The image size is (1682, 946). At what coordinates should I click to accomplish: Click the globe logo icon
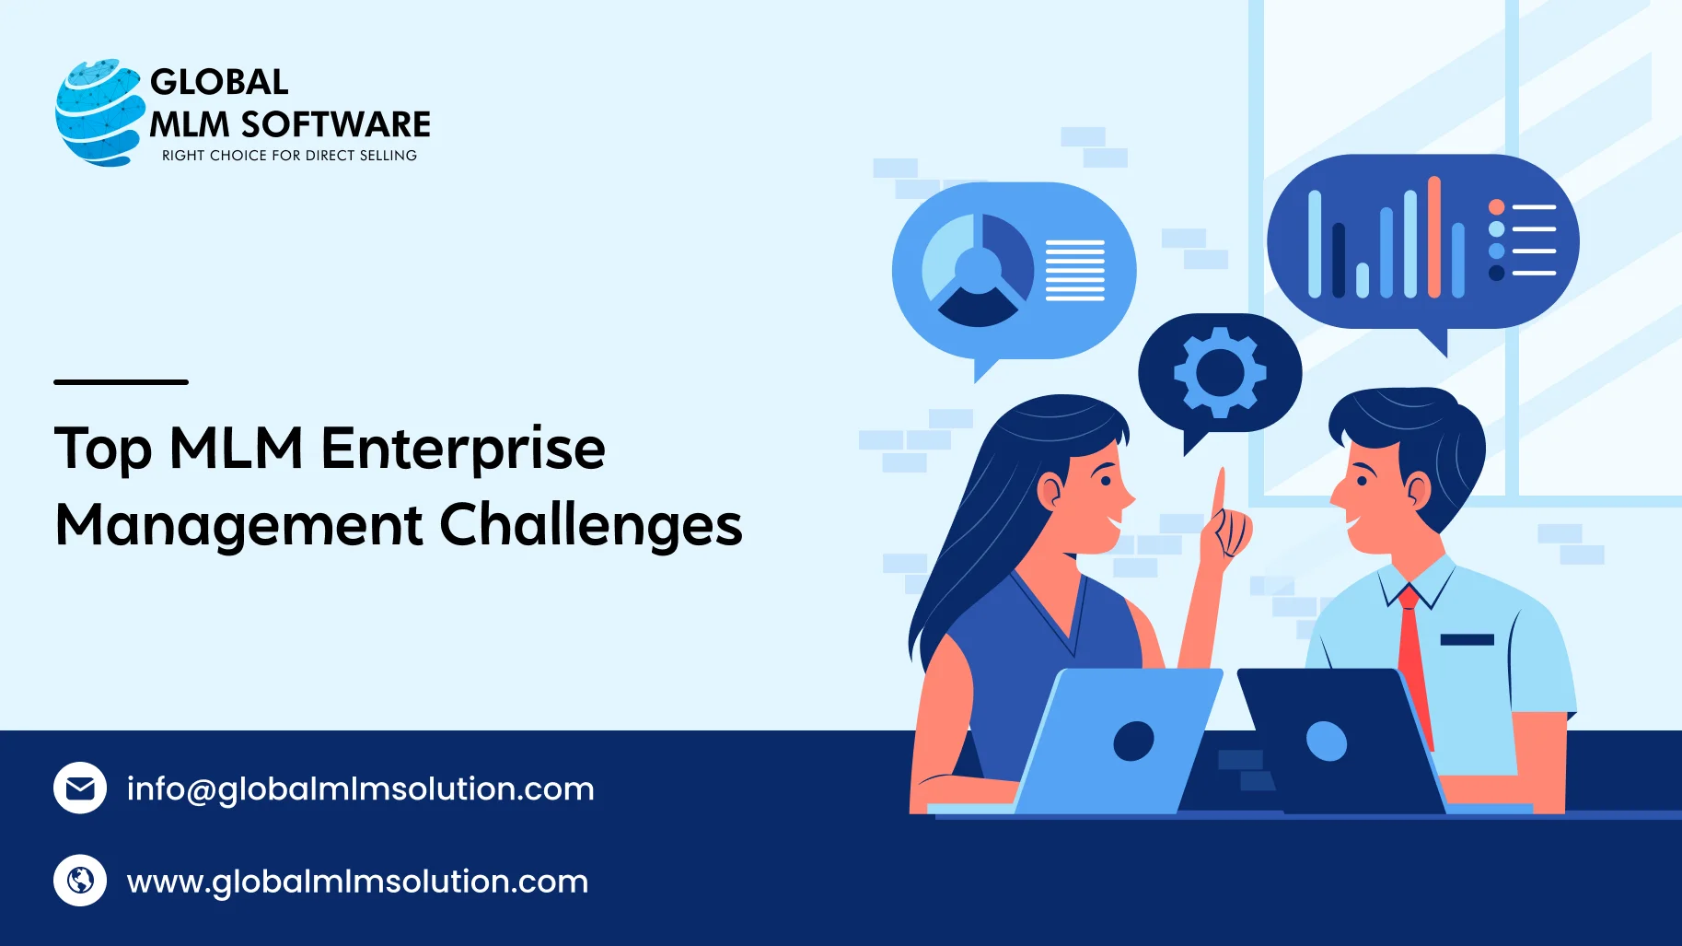click(x=98, y=112)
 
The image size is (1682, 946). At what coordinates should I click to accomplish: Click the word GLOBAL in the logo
click(x=219, y=82)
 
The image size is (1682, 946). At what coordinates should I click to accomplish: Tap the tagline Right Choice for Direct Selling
click(x=289, y=156)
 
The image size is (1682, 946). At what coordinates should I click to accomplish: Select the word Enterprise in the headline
click(x=462, y=450)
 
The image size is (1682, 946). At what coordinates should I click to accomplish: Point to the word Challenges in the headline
click(x=590, y=526)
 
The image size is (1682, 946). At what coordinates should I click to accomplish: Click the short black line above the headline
click(x=121, y=381)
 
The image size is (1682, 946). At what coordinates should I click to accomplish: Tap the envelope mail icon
click(x=80, y=788)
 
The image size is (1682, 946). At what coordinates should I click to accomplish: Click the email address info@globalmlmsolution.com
click(x=360, y=789)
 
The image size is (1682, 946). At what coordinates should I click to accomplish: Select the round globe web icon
click(x=80, y=881)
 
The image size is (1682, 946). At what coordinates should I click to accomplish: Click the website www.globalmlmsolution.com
click(x=357, y=882)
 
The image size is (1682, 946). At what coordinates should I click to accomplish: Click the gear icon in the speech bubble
click(x=1220, y=372)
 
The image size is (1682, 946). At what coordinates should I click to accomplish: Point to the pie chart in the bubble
click(x=978, y=270)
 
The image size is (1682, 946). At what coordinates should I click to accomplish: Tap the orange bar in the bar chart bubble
click(x=1433, y=238)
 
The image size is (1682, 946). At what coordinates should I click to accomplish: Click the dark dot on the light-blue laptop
click(x=1133, y=741)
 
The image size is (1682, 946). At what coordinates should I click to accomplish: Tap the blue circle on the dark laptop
click(x=1327, y=741)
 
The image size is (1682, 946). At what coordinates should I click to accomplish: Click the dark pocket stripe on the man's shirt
click(x=1467, y=639)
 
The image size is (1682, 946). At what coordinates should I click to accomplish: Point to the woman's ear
click(x=1050, y=490)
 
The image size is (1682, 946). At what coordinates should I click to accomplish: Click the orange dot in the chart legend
click(x=1496, y=207)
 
